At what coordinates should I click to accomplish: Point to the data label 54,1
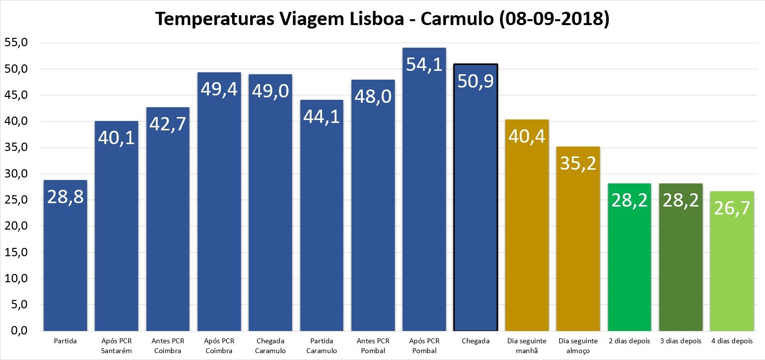[x=424, y=64]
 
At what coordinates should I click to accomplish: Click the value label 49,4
[x=219, y=90]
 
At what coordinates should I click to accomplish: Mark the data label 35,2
[x=578, y=163]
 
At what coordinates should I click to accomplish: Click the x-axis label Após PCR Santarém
[x=117, y=345]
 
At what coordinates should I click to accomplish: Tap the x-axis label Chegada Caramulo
[x=270, y=345]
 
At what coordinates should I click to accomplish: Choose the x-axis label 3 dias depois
[x=680, y=341]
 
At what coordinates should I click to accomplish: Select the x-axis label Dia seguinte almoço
[x=578, y=345]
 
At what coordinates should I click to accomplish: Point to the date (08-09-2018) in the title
[x=554, y=19]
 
